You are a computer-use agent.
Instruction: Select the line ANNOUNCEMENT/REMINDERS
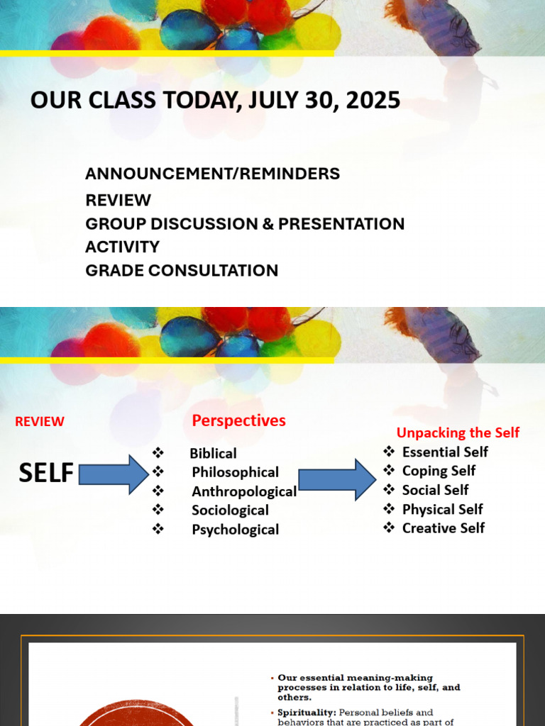[x=212, y=174]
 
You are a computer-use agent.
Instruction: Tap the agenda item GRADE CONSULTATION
[x=182, y=270]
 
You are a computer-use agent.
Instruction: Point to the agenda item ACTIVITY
[x=122, y=247]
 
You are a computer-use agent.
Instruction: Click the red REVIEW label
[x=40, y=421]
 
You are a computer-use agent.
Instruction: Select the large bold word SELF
[x=46, y=473]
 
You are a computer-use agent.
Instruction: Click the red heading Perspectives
[x=238, y=420]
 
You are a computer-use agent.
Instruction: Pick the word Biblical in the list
[x=213, y=453]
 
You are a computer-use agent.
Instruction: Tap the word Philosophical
[x=235, y=472]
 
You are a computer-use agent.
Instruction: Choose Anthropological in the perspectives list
[x=244, y=491]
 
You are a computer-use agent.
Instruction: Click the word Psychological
[x=235, y=530]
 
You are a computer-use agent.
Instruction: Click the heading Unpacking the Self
[x=458, y=432]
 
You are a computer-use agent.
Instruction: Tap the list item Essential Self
[x=445, y=452]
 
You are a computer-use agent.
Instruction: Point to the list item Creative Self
[x=444, y=528]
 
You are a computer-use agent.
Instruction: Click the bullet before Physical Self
[x=389, y=509]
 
